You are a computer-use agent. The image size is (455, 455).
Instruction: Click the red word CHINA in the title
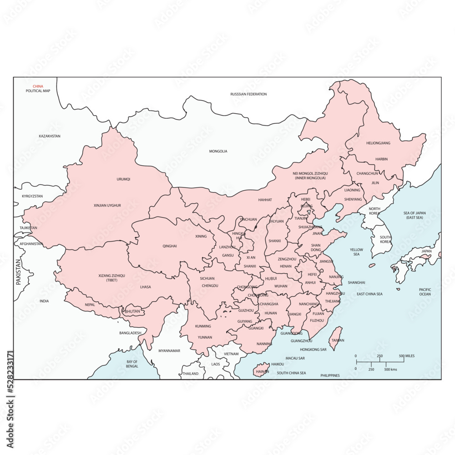click(x=38, y=86)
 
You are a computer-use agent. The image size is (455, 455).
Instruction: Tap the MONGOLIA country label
click(x=218, y=152)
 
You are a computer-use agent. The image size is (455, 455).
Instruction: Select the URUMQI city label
click(x=123, y=179)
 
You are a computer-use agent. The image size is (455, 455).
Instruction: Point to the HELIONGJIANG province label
click(x=378, y=143)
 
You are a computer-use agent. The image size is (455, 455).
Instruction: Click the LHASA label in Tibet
click(x=146, y=287)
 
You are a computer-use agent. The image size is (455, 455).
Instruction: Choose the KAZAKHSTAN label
click(x=50, y=136)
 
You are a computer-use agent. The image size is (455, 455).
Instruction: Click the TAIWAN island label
click(x=338, y=340)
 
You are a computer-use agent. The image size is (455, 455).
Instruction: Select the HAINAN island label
click(x=263, y=371)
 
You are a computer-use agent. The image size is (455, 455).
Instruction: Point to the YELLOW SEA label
click(x=356, y=252)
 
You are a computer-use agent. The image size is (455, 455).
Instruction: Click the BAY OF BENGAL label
click(x=132, y=364)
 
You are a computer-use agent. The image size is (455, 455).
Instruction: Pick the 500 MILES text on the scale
click(x=406, y=356)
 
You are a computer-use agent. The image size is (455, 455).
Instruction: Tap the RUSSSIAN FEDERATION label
click(x=248, y=94)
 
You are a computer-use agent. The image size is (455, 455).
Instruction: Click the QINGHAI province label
click(x=170, y=246)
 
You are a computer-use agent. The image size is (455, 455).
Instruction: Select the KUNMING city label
click(x=203, y=326)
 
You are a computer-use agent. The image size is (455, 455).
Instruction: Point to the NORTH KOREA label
click(x=374, y=211)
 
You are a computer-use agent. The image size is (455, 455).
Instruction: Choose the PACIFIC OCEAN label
click(x=425, y=292)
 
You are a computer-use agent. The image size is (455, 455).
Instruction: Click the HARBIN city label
click(x=381, y=159)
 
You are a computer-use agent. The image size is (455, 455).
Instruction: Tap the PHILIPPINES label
click(x=330, y=375)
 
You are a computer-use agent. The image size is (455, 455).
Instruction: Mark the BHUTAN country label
click(x=132, y=312)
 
